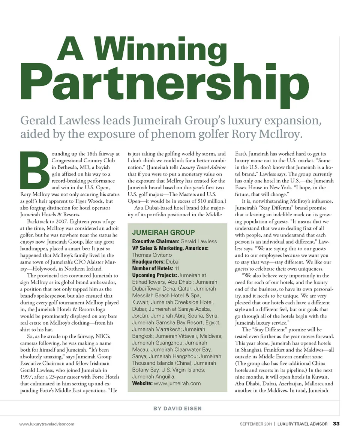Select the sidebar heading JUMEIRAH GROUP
click(163, 232)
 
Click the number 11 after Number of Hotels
click(177, 268)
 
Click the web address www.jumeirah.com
click(177, 383)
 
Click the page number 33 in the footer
click(336, 424)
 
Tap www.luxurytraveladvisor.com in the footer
click(47, 424)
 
